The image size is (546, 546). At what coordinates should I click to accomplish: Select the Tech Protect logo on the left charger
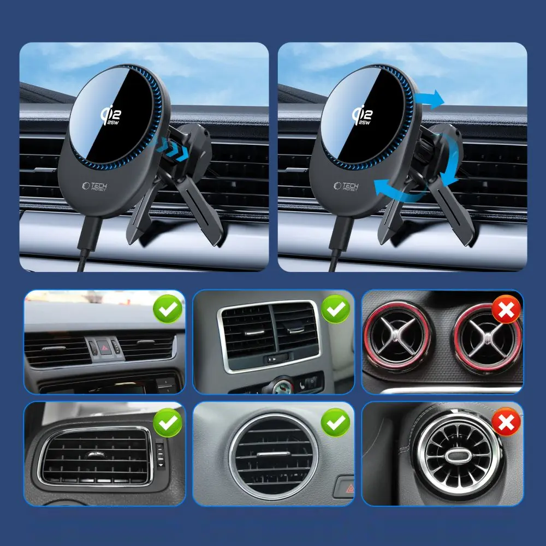(94, 187)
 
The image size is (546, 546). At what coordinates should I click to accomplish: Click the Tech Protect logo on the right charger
(346, 186)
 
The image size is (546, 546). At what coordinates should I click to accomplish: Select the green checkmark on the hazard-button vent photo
(168, 309)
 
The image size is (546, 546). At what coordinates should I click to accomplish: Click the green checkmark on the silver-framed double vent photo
(336, 309)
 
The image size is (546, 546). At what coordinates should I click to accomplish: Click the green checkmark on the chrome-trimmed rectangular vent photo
(168, 423)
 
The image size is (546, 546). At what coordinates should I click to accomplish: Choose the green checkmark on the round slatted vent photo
(336, 423)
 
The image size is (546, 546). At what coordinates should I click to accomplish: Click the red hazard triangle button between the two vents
(104, 347)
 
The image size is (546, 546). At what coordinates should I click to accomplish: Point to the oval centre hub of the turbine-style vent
(458, 456)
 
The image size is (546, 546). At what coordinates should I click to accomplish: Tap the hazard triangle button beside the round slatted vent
(343, 487)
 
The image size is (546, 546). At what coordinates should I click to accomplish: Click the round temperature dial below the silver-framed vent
(282, 385)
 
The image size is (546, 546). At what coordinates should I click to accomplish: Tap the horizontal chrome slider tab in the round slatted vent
(274, 454)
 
